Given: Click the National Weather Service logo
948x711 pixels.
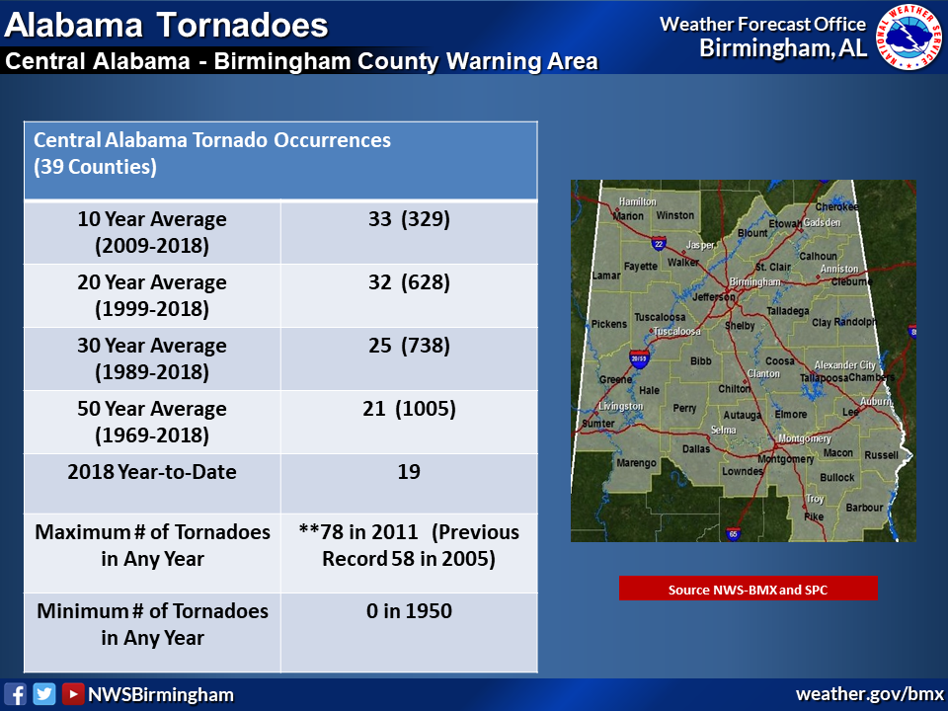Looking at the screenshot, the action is (909, 37).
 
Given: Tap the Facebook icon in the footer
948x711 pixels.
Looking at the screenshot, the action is (15, 694).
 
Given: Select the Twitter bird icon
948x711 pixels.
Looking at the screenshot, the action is (44, 694).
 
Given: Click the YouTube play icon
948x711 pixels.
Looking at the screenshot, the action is (72, 694).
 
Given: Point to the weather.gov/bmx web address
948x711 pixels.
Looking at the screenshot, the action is (869, 694).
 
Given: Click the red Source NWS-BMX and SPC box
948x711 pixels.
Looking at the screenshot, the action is (748, 589).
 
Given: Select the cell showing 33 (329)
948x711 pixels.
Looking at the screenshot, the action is (409, 232).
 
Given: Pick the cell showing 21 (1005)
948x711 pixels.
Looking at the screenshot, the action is (409, 422).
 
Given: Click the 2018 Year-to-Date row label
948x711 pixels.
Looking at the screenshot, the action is (152, 472).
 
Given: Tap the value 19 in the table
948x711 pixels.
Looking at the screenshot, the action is (409, 472).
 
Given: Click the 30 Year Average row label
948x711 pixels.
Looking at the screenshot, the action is (152, 358).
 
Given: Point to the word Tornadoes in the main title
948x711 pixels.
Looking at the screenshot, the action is (243, 26).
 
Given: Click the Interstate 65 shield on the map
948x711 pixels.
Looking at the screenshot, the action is (733, 533).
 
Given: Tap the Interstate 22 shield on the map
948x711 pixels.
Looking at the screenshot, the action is (659, 243).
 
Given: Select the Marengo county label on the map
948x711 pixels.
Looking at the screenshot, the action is (636, 462).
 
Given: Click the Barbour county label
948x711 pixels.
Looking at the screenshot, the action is (865, 508).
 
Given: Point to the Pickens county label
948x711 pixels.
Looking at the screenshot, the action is (609, 324).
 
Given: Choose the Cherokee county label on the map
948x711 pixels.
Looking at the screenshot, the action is (836, 206).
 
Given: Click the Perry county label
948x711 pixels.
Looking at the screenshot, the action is (684, 408).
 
